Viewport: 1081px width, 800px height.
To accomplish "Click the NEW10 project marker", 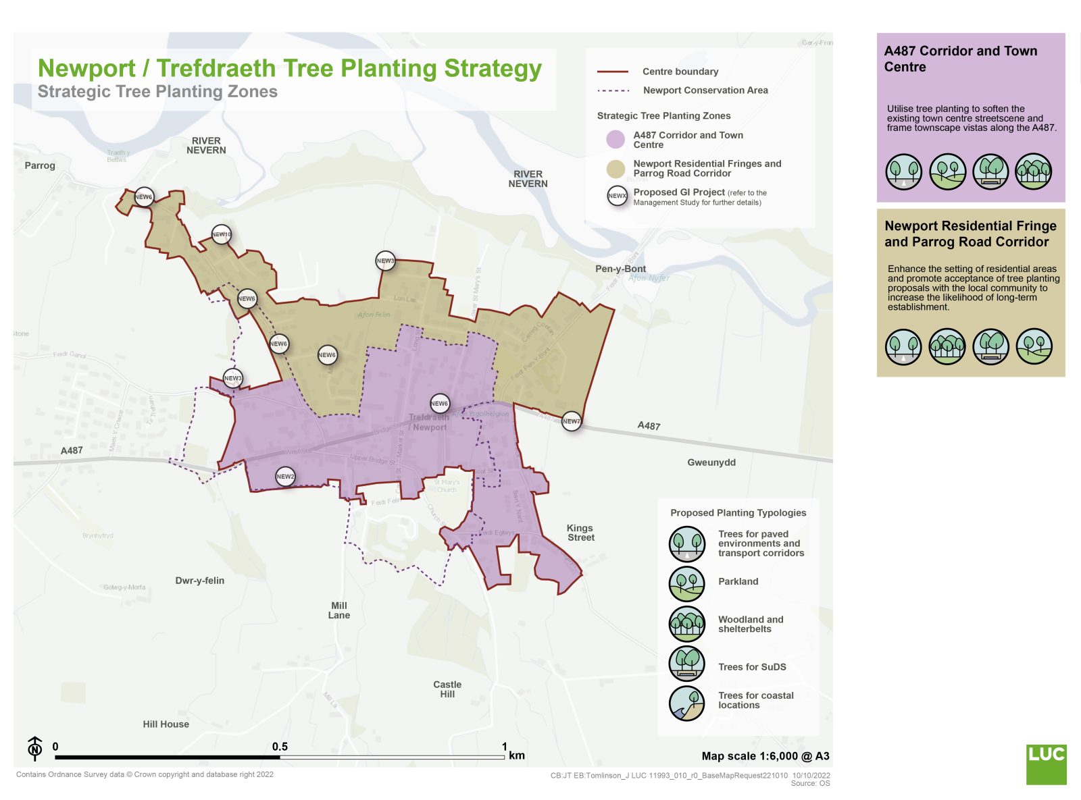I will (x=222, y=234).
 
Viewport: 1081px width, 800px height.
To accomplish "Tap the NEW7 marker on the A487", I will (x=572, y=421).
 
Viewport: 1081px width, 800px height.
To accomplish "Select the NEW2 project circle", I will (x=285, y=477).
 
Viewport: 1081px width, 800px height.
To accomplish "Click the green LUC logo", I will (x=1046, y=764).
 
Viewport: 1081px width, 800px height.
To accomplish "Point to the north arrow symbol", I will (x=35, y=748).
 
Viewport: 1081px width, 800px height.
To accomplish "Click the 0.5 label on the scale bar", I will (x=280, y=747).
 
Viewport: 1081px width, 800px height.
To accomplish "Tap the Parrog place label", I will (x=40, y=165).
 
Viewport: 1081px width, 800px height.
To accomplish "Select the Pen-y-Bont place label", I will (x=620, y=269).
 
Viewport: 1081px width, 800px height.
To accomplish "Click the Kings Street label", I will (x=580, y=533).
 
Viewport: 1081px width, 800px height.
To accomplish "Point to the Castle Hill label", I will (x=447, y=689).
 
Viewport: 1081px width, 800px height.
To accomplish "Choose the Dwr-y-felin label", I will (x=199, y=581).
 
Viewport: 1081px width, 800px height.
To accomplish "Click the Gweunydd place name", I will (x=711, y=462).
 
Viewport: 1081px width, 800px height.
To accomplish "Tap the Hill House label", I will (x=166, y=724).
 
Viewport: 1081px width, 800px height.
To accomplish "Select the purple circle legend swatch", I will (x=615, y=140).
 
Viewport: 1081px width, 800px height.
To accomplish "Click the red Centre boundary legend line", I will (x=613, y=72).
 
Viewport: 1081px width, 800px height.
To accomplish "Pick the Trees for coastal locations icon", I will (x=687, y=703).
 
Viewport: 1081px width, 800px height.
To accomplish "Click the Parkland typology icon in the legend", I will (x=687, y=583).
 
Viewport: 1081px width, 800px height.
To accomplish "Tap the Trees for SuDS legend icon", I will (x=687, y=664).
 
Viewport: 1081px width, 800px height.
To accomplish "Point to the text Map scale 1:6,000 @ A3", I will (x=765, y=756).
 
